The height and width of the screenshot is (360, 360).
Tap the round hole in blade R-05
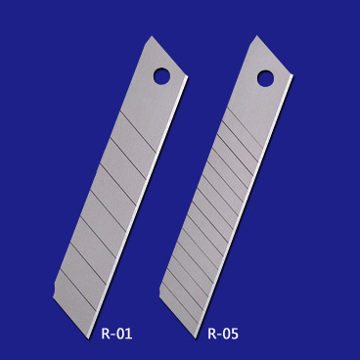point(265,76)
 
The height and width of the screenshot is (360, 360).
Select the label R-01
point(115,334)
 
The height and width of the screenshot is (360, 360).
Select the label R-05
point(223,334)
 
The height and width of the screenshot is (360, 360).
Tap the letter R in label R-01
point(105,334)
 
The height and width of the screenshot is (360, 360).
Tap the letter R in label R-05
point(211,334)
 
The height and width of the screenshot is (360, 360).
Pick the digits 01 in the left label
point(124,334)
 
